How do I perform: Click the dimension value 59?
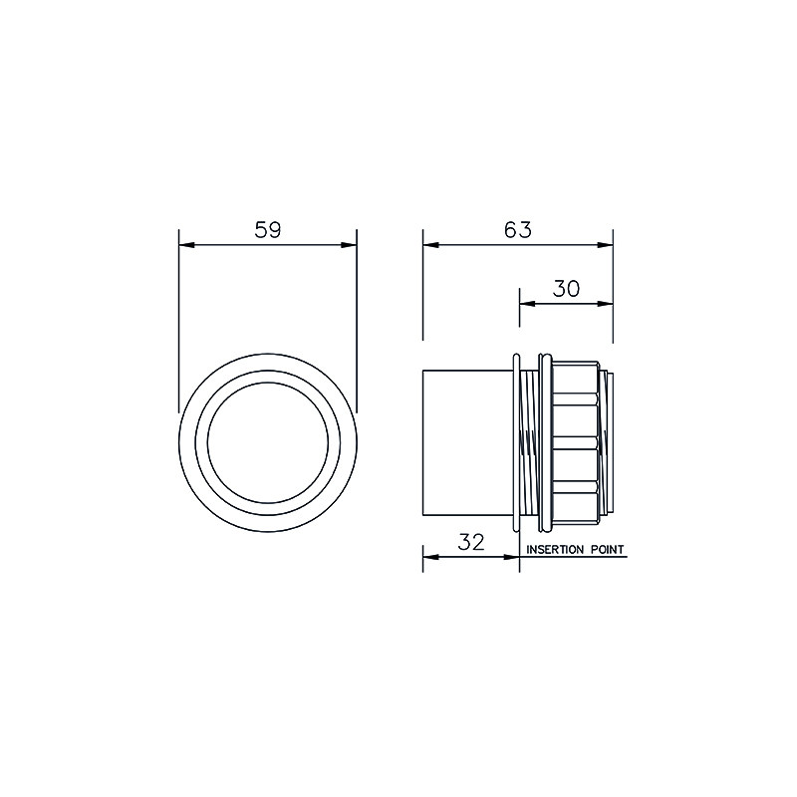267,230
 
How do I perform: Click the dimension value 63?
518,230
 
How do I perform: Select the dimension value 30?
566,289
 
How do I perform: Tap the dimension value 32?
471,542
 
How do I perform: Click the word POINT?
607,550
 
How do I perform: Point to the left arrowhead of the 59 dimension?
186,245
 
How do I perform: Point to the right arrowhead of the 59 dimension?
349,245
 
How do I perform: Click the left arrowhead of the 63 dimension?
431,245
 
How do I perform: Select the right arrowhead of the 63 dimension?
605,245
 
